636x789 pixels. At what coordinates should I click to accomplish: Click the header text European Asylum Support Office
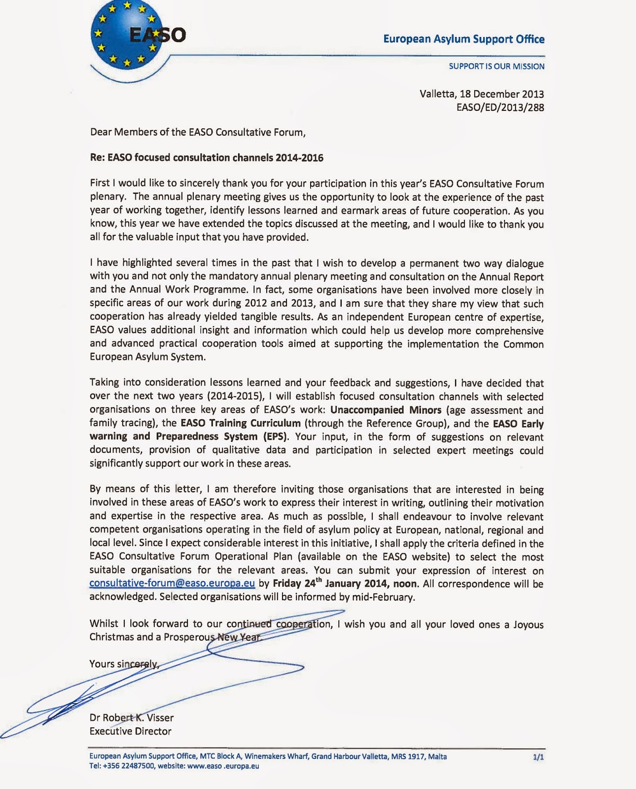(463, 39)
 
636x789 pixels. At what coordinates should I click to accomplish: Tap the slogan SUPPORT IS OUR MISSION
(496, 66)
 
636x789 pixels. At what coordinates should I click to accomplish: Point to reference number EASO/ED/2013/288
(500, 107)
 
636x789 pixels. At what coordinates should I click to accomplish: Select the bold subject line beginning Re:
(206, 158)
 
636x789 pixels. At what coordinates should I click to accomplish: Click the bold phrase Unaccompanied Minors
(386, 410)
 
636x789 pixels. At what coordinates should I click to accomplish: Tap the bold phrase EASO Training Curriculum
(241, 423)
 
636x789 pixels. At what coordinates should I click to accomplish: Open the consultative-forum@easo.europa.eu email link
(172, 583)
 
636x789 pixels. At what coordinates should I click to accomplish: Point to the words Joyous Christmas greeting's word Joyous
(528, 624)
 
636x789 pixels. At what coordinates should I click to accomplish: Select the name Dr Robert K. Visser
(131, 717)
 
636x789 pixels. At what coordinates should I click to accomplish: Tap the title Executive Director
(130, 731)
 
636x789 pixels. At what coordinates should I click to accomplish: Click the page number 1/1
(538, 757)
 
